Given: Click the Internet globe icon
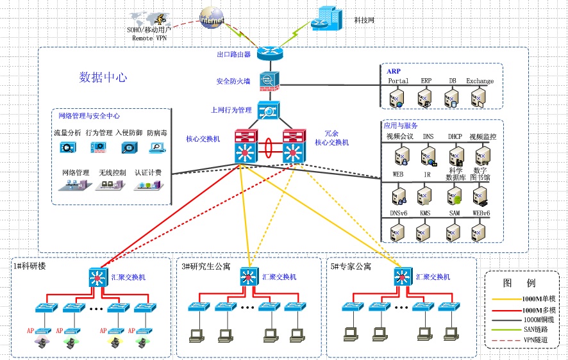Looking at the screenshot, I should [x=212, y=19].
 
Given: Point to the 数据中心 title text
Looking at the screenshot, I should [x=103, y=78].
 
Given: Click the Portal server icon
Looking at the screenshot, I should [x=397, y=97].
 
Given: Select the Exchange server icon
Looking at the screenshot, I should [x=479, y=97].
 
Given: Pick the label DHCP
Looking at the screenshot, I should [x=455, y=136].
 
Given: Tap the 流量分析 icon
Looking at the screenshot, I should [x=67, y=147].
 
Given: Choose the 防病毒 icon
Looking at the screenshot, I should [x=156, y=147].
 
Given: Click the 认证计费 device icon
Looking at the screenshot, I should [x=147, y=185].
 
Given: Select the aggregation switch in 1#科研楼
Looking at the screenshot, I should [x=97, y=277].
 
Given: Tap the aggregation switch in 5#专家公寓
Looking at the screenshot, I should [x=402, y=277].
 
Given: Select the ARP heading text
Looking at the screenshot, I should [x=394, y=71].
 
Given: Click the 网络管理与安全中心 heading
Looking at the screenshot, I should [x=89, y=116].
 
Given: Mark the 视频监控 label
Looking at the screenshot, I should [x=482, y=136].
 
